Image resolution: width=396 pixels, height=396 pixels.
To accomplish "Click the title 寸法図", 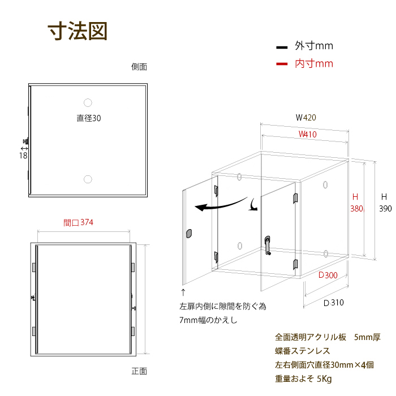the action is pyautogui.click(x=78, y=31).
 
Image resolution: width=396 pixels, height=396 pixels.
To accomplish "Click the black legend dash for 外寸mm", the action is pyautogui.click(x=282, y=47).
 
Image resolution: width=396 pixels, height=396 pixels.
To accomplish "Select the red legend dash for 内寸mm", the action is pyautogui.click(x=282, y=64).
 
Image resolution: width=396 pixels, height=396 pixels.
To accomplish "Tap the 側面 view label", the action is pyautogui.click(x=139, y=67).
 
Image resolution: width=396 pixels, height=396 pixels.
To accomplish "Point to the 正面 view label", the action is pyautogui.click(x=139, y=371).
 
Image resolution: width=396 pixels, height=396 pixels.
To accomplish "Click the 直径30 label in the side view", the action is pyautogui.click(x=89, y=118).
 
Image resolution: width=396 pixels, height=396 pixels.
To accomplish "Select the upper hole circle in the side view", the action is pyautogui.click(x=88, y=103).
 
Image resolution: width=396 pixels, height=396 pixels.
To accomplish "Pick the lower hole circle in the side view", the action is pyautogui.click(x=88, y=179).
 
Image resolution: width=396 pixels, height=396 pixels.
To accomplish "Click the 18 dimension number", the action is pyautogui.click(x=23, y=156).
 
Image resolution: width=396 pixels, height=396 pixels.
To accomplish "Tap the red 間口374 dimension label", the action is pyautogui.click(x=78, y=222).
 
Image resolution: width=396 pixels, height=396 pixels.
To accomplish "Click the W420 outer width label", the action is pyautogui.click(x=306, y=118).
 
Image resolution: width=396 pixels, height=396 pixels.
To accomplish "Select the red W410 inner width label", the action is pyautogui.click(x=307, y=134).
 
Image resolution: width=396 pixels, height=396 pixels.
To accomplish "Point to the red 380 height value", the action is pyautogui.click(x=356, y=209).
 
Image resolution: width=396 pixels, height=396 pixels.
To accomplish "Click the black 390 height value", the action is pyautogui.click(x=385, y=209).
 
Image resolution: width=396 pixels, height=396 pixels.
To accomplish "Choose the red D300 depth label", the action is pyautogui.click(x=328, y=275).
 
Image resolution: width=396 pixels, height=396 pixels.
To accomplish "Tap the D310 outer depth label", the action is pyautogui.click(x=334, y=303).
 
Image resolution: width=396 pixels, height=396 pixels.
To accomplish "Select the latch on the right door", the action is pyautogui.click(x=268, y=245).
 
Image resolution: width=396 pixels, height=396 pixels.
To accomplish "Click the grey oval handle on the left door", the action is pyautogui.click(x=189, y=234).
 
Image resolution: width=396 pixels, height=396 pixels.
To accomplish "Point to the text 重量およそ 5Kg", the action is pyautogui.click(x=303, y=379).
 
